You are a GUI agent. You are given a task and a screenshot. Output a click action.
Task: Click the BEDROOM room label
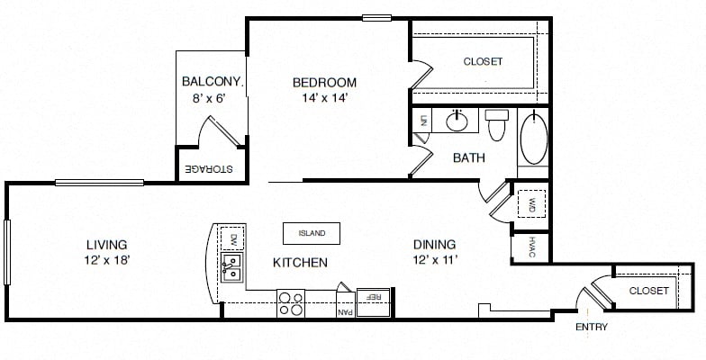click(324, 83)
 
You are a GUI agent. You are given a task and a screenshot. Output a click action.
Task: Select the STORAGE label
click(209, 169)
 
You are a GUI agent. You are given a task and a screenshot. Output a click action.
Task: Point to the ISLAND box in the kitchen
click(312, 234)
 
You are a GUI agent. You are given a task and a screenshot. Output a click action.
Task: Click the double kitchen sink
click(232, 267)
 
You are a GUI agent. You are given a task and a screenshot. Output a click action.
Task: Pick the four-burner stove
click(291, 303)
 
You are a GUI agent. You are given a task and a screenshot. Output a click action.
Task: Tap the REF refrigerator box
click(373, 302)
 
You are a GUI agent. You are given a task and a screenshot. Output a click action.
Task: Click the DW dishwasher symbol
click(232, 238)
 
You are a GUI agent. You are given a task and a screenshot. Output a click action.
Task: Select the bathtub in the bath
click(534, 137)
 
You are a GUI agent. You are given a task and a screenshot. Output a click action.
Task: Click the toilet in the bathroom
click(497, 124)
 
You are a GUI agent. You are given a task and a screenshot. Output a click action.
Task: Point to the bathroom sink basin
click(457, 121)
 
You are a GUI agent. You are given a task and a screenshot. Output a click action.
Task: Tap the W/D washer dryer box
click(531, 203)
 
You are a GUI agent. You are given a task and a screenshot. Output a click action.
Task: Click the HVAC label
click(531, 247)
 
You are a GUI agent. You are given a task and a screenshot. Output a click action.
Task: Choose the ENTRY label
click(592, 328)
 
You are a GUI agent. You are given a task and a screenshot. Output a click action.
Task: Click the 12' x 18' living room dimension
click(107, 260)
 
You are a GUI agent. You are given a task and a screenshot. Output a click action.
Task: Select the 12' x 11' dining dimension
click(435, 259)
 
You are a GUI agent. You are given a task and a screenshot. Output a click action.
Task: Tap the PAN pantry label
click(346, 311)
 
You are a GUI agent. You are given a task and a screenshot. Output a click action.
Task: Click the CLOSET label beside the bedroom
click(483, 61)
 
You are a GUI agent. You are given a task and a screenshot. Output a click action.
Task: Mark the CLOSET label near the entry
click(648, 291)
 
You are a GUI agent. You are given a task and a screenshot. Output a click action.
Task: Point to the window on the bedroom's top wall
click(376, 18)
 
